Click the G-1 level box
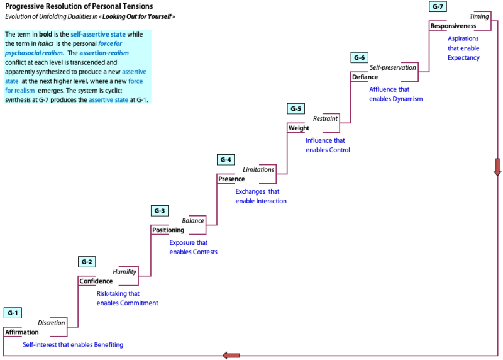pyautogui.click(x=13, y=313)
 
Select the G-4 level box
pyautogui.click(x=226, y=160)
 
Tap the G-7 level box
pyautogui.click(x=438, y=6)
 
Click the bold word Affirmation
pyautogui.click(x=21, y=332)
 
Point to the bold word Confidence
pyautogui.click(x=96, y=281)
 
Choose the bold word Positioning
pyautogui.click(x=168, y=230)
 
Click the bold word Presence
pyautogui.click(x=231, y=179)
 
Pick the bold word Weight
pyautogui.click(x=299, y=128)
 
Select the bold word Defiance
pyautogui.click(x=365, y=77)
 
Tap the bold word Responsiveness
pyautogui.click(x=453, y=26)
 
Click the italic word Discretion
pyautogui.click(x=52, y=323)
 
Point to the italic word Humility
pyautogui.click(x=124, y=272)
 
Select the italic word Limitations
pyautogui.click(x=258, y=170)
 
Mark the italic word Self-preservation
pyautogui.click(x=393, y=67)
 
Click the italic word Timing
pyautogui.click(x=479, y=16)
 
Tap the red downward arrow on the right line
pyautogui.click(x=497, y=167)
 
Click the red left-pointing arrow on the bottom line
pyautogui.click(x=231, y=356)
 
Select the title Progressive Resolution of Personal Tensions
pyautogui.click(x=79, y=6)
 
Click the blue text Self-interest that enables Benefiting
pyautogui.click(x=73, y=345)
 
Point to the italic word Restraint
pyautogui.click(x=325, y=118)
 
